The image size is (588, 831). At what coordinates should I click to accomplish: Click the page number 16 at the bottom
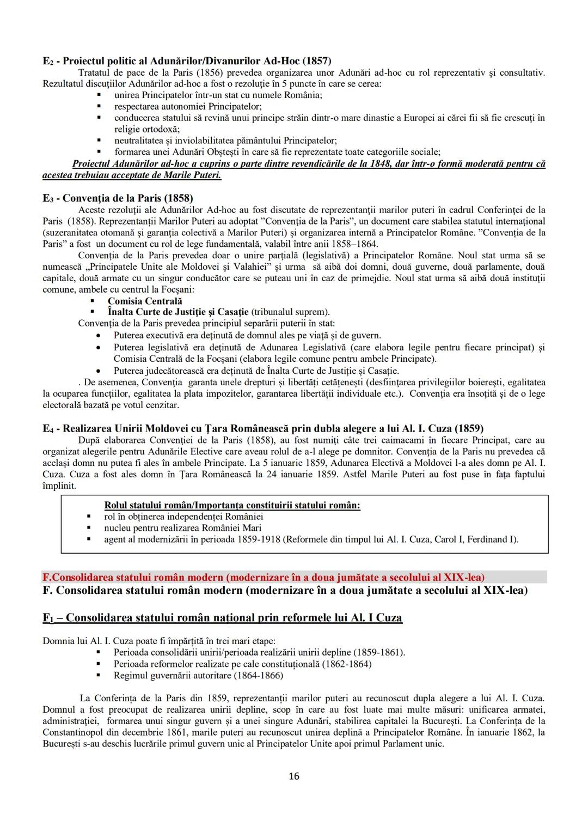(294, 776)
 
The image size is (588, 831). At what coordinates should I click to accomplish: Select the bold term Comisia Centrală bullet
(145, 301)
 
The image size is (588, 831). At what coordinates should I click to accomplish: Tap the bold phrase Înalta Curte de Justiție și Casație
(178, 312)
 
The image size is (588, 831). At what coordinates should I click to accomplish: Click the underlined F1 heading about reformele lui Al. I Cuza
(222, 618)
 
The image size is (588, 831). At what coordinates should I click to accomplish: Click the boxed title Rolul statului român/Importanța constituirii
(232, 505)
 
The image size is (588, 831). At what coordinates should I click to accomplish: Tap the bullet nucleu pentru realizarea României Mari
(182, 527)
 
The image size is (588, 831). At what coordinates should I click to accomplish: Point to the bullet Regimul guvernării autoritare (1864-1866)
(198, 676)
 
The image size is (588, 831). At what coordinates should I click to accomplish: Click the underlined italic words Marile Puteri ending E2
(195, 175)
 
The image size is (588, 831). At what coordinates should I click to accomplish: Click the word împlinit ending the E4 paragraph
(59, 486)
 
